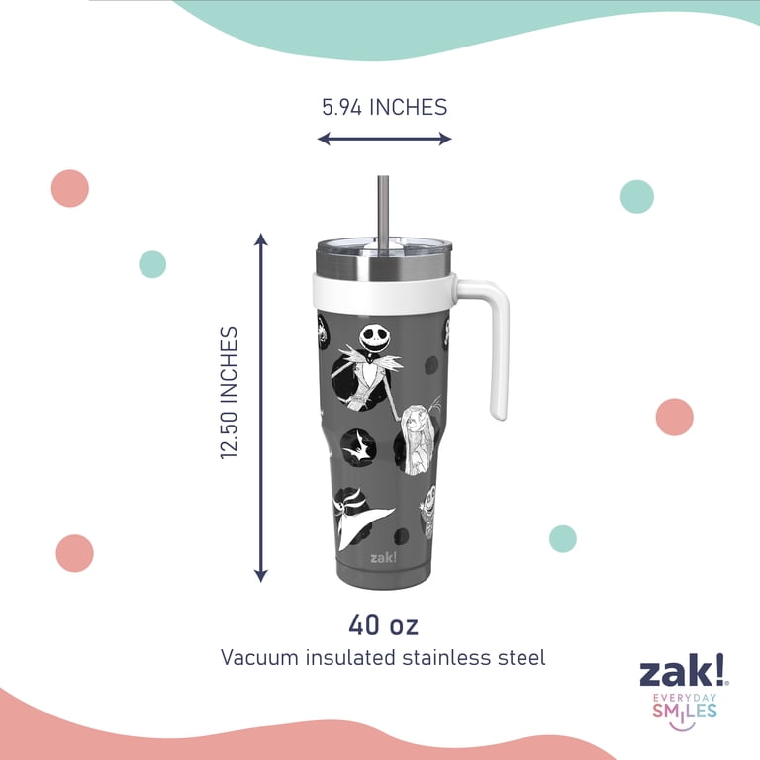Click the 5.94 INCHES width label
point(384,107)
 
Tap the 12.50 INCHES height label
point(229,393)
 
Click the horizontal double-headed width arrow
point(384,140)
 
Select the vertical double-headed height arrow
point(261,408)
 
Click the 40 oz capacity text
point(383,624)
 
